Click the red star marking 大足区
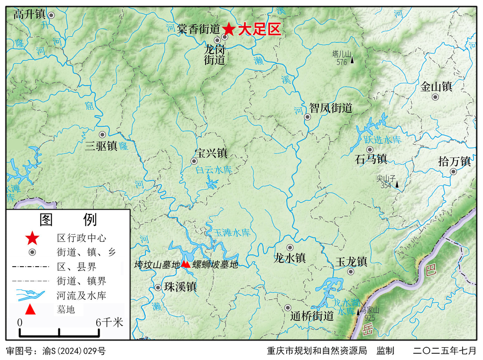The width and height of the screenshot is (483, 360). pos(229,29)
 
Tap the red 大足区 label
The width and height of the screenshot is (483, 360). pos(259,30)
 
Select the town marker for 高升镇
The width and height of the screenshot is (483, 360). pos(51,15)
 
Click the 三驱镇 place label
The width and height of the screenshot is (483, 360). pos(101,146)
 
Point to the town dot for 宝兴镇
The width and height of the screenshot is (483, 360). pos(193,161)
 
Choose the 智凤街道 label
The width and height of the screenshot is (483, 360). pos(331,108)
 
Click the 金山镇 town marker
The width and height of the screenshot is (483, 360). pos(435,97)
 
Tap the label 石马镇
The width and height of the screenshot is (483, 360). pos(371,159)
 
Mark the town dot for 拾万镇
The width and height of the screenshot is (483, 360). pos(453,172)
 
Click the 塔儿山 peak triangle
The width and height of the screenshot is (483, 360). pos(352,60)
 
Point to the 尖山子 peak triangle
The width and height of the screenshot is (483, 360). pos(397,184)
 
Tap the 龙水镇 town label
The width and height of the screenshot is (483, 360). pos(290,258)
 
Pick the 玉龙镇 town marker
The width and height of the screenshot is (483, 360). pos(350,271)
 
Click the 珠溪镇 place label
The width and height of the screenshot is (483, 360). pos(180,286)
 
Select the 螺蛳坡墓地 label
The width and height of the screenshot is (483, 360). pos(215,265)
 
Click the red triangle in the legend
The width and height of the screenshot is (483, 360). pos(30,310)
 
